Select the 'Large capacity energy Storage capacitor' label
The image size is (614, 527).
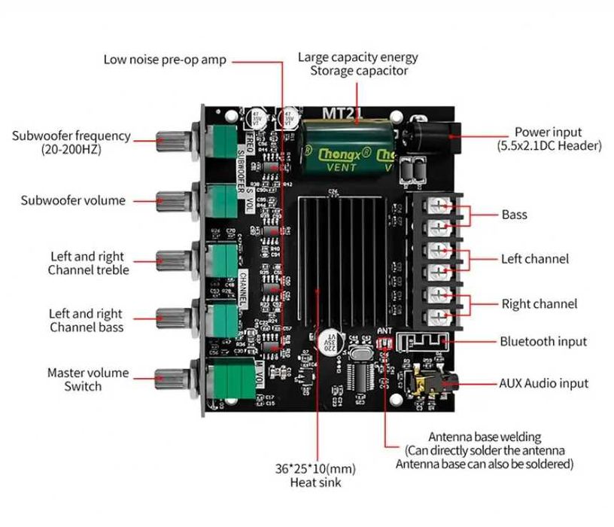pyautogui.click(x=358, y=64)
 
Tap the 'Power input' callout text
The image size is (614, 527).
pyautogui.click(x=549, y=139)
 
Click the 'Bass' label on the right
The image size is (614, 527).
pyautogui.click(x=515, y=215)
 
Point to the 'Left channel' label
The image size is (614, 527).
pyautogui.click(x=535, y=259)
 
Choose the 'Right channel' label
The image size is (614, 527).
pyautogui.click(x=540, y=304)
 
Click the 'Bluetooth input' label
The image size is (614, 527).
pyautogui.click(x=543, y=341)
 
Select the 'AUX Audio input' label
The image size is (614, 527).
pyautogui.click(x=544, y=383)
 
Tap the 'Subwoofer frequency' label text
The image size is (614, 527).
pyautogui.click(x=71, y=142)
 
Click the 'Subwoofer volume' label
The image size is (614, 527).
pyautogui.click(x=73, y=200)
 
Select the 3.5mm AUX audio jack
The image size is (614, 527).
pyautogui.click(x=426, y=382)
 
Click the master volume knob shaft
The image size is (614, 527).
pyautogui.click(x=172, y=378)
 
